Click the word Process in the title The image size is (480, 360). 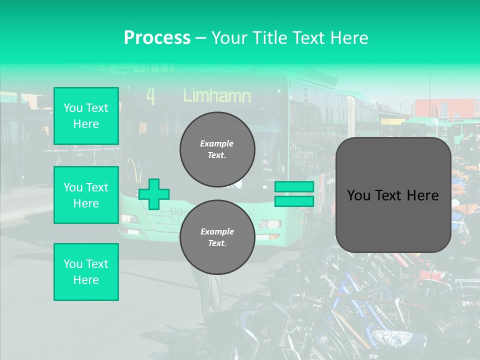(x=157, y=37)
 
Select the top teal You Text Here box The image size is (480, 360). (x=86, y=116)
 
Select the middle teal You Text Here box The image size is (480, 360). (x=86, y=195)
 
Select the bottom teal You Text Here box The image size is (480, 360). (x=86, y=272)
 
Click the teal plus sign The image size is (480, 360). (x=154, y=194)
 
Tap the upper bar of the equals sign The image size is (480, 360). (x=294, y=187)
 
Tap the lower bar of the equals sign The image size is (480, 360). (x=294, y=201)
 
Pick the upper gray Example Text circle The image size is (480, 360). (x=217, y=149)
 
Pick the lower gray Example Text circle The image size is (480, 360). (x=217, y=237)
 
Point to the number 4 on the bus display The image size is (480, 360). (x=150, y=96)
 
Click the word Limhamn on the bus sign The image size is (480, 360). (x=217, y=95)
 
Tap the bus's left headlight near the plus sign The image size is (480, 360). (x=130, y=218)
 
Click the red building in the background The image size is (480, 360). (x=440, y=107)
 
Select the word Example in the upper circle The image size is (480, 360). (x=217, y=143)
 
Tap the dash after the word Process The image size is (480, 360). (x=200, y=38)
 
